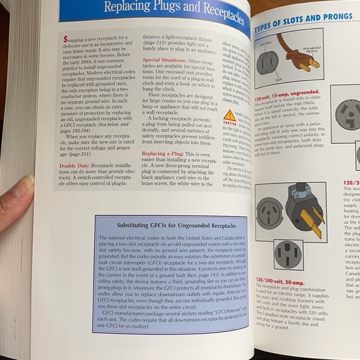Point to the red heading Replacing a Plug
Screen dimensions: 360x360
coord(166,153)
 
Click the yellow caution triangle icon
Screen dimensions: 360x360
coord(230,115)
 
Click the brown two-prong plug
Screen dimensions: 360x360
coord(299,53)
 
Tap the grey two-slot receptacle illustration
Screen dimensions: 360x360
coord(268,63)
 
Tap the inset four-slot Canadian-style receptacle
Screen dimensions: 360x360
coord(287,253)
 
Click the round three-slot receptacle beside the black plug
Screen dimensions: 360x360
coord(269,213)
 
